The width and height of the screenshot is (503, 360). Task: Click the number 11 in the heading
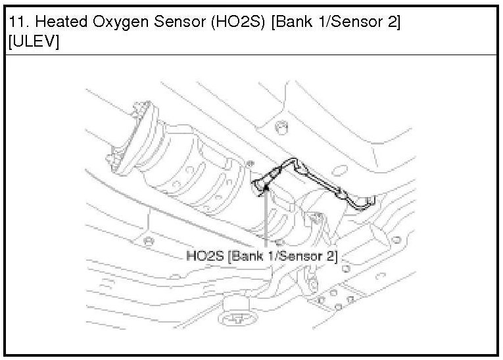16,22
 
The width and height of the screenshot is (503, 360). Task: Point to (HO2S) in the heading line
238,22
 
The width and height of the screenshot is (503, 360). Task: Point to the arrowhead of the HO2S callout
266,192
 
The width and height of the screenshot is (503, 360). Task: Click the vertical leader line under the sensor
266,223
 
